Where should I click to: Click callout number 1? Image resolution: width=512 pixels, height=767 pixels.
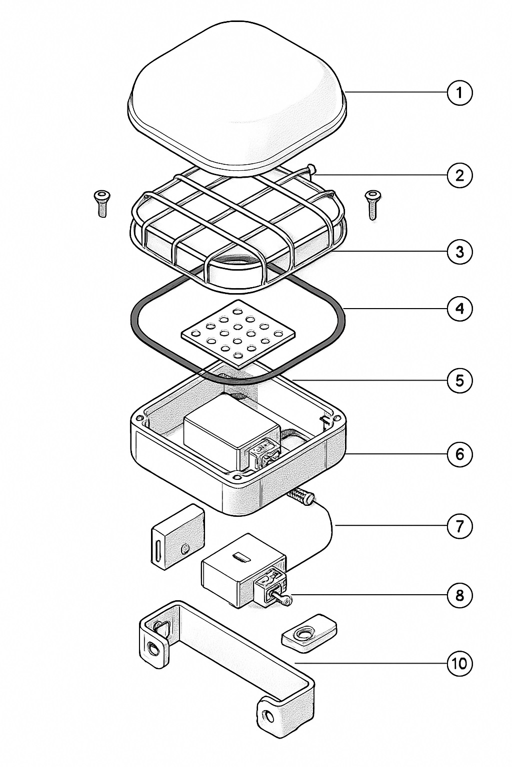(459, 92)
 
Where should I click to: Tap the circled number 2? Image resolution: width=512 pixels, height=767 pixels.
(459, 175)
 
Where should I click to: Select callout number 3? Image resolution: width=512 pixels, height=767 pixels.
(459, 252)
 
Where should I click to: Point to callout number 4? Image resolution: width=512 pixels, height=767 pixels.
(459, 309)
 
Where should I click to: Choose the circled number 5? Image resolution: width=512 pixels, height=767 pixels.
(459, 381)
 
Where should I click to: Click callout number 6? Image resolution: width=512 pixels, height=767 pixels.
(459, 454)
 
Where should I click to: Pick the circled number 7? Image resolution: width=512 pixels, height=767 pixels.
(459, 526)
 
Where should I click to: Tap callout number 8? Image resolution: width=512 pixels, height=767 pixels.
(459, 595)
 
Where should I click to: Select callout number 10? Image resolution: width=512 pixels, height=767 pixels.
(459, 664)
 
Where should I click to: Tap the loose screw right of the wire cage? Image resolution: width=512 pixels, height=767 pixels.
(372, 203)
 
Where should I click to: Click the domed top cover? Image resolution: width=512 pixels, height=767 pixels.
(237, 95)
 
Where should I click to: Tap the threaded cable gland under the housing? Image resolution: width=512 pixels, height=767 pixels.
(300, 496)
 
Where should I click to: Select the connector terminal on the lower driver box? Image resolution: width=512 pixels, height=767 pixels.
(270, 587)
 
